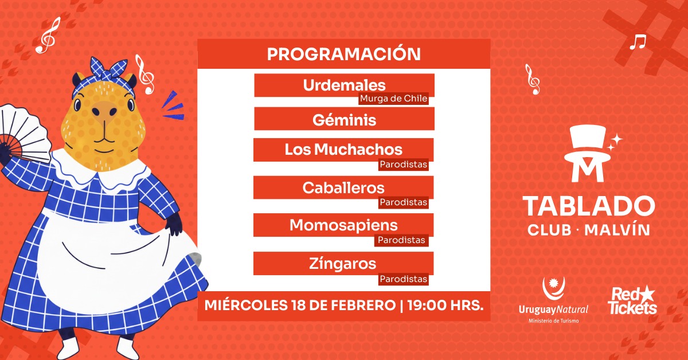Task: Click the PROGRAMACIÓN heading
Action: (343, 54)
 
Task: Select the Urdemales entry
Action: (344, 85)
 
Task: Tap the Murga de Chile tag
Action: (393, 99)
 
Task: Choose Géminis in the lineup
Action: (344, 120)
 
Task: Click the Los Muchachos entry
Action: (343, 150)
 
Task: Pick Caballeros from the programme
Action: (343, 187)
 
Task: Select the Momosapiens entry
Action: (343, 225)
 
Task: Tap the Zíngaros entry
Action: (343, 264)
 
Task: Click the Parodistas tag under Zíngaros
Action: (403, 279)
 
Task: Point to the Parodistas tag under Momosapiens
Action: (401, 240)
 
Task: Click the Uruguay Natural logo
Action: (553, 302)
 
